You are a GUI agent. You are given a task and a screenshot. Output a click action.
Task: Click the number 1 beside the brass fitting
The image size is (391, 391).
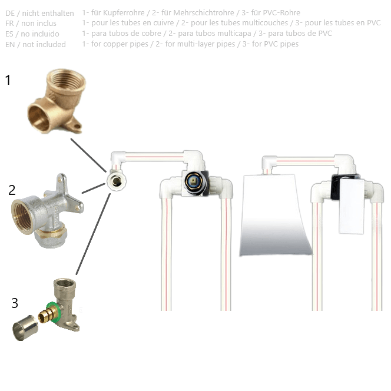point(8,80)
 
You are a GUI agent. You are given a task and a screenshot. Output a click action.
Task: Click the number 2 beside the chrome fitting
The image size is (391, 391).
point(12,190)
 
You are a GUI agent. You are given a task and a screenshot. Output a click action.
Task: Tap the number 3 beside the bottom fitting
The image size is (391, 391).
point(15,303)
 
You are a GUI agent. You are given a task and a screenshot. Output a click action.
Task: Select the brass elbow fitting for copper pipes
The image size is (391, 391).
point(57,101)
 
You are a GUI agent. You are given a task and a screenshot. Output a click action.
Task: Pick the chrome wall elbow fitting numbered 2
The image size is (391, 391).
point(47,211)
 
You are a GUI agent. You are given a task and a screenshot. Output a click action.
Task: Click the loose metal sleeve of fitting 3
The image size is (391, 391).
point(25,327)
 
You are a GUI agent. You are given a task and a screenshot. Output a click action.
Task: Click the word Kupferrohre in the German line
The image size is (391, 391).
point(124,13)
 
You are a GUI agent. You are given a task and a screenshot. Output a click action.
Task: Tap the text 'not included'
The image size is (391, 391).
point(44,44)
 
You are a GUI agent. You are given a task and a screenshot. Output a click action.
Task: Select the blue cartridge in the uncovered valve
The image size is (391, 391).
point(194,181)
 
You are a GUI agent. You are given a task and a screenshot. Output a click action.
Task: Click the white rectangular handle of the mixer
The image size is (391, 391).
point(351,206)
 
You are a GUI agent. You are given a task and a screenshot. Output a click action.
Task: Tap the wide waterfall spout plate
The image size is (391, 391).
point(276,215)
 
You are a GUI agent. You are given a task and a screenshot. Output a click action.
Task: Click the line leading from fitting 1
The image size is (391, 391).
point(88,155)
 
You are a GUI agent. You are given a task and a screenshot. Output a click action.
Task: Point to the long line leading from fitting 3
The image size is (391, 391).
point(93,234)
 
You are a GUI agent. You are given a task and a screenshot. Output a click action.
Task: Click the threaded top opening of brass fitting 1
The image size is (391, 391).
point(66,79)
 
